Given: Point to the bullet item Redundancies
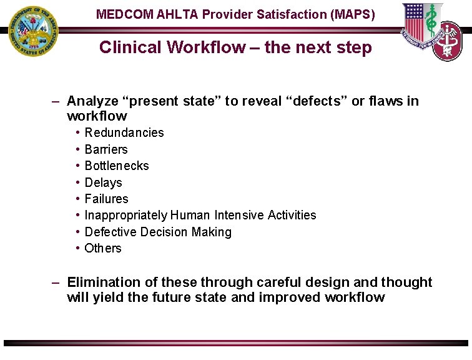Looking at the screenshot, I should tap(124, 132).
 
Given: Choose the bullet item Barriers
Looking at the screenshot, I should tap(106, 149).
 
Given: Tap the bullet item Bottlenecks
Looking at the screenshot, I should tap(117, 166).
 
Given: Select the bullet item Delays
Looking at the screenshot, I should tap(103, 182).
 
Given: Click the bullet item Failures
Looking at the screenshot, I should tap(106, 199).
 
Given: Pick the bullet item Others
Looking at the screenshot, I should tap(103, 248).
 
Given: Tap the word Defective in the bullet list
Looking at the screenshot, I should tap(111, 232).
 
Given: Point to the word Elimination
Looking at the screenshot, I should tap(102, 282).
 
